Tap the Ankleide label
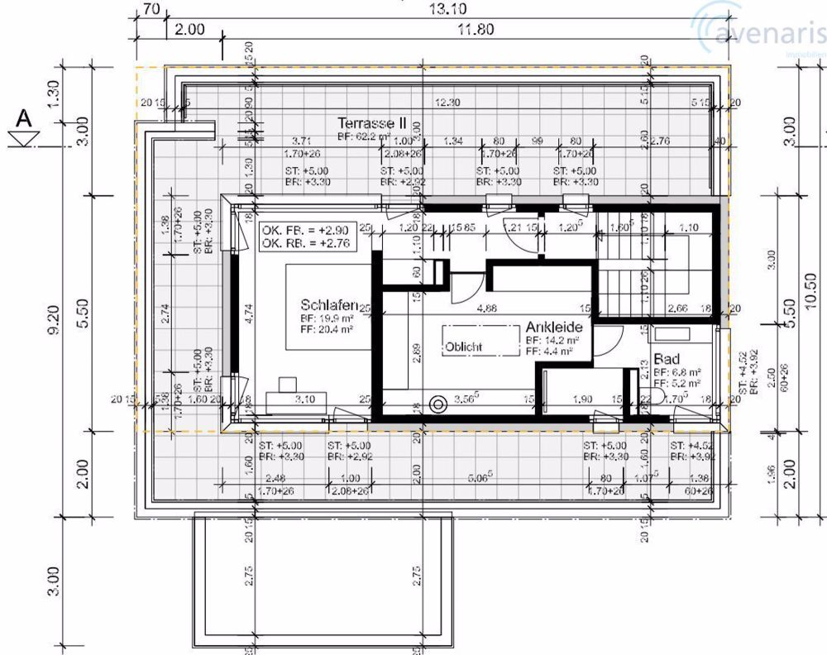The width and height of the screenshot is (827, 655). (553, 327)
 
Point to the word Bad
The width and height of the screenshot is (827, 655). (666, 360)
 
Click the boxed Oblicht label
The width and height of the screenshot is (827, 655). (464, 347)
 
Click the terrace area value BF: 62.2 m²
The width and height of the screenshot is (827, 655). (366, 135)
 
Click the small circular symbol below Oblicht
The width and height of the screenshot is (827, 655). (438, 404)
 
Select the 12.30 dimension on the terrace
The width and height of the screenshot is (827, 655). (447, 102)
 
